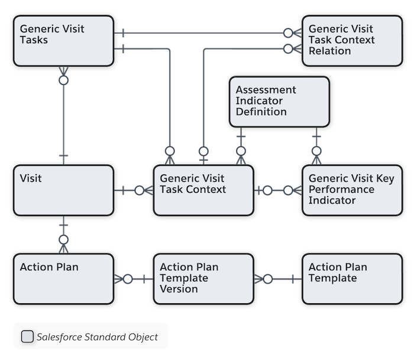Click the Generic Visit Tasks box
(62, 40)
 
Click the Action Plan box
(62, 279)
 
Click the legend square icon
(27, 336)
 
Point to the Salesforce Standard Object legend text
(97, 337)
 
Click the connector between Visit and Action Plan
(63, 235)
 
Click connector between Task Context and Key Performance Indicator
(278, 190)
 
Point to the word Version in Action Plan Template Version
(179, 289)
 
